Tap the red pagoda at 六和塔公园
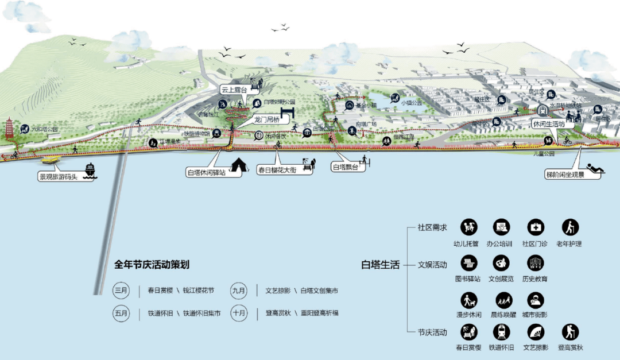[x=10, y=130]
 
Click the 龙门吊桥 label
[x=267, y=120]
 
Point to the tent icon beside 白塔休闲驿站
[x=238, y=167]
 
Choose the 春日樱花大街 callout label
[x=277, y=171]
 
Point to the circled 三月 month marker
[x=121, y=291]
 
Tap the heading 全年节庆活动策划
[x=152, y=265]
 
